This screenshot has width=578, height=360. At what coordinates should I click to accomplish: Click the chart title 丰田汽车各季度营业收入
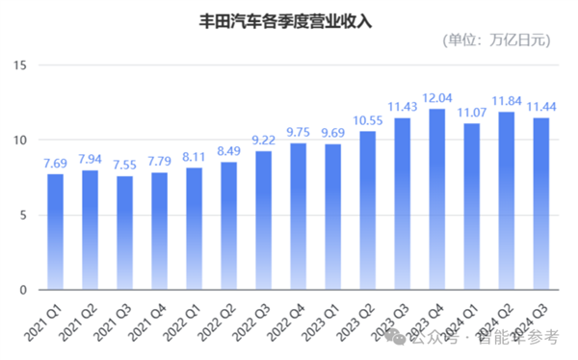pyautogui.click(x=288, y=18)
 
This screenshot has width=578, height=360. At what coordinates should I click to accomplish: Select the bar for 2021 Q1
pyautogui.click(x=56, y=231)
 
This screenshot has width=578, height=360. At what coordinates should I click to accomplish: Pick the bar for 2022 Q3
pyautogui.click(x=264, y=220)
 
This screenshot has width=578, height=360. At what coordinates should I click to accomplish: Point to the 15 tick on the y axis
pyautogui.click(x=20, y=65)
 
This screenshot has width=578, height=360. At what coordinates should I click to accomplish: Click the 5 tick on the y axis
pyautogui.click(x=24, y=215)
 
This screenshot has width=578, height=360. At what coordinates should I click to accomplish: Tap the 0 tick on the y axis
pyautogui.click(x=24, y=290)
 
